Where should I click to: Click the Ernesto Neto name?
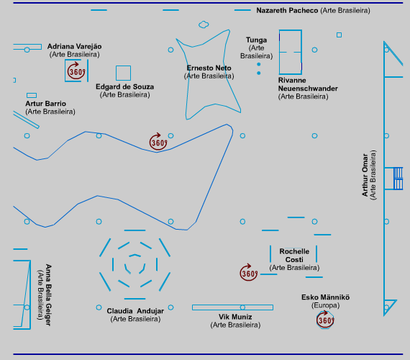(209, 68)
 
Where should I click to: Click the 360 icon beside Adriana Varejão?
(76, 71)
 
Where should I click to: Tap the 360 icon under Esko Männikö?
(325, 320)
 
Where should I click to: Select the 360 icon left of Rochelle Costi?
(249, 273)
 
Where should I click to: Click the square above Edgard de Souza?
(124, 66)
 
